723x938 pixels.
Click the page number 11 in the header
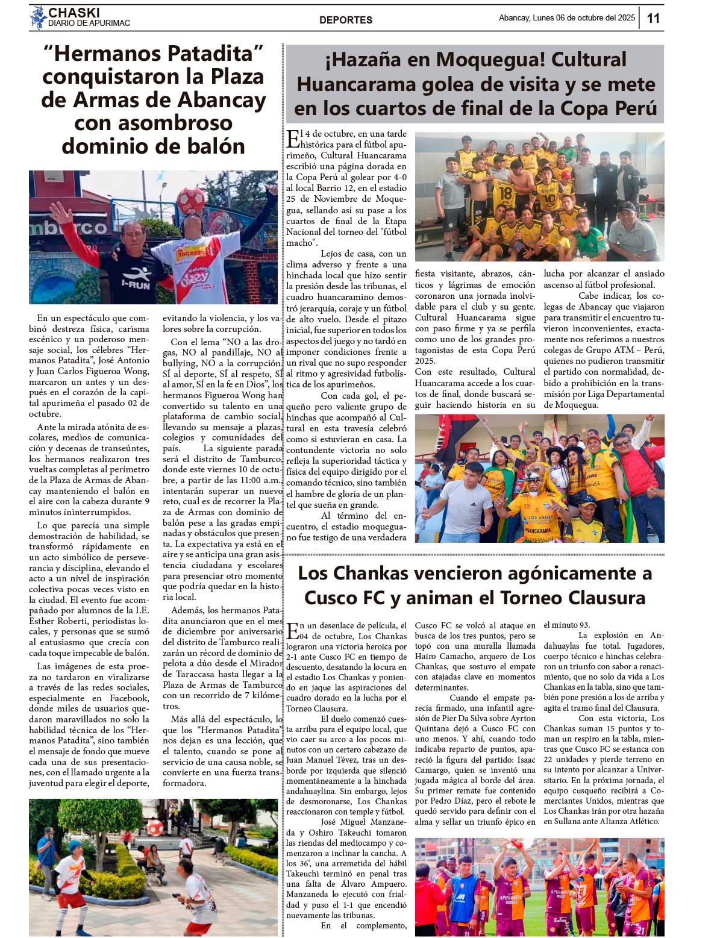653,18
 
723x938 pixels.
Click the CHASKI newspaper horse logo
38,17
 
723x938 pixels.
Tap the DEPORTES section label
346,20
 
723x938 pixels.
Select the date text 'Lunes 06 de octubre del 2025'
583,18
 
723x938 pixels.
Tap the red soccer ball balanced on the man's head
189,201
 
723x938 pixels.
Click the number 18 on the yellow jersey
505,193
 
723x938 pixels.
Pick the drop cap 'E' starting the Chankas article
292,631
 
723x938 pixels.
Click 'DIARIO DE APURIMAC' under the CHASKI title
89,23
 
